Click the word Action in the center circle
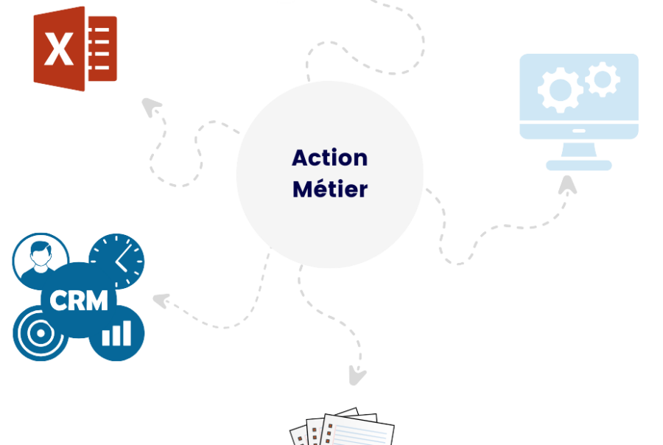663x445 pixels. pyautogui.click(x=329, y=158)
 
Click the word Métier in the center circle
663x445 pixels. pyautogui.click(x=329, y=189)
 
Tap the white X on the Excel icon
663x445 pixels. pyautogui.click(x=58, y=50)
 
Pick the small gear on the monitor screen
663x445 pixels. pyautogui.click(x=603, y=80)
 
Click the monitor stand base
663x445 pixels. pyautogui.click(x=578, y=165)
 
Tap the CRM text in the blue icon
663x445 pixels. pyautogui.click(x=79, y=300)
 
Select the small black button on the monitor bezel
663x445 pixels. pyautogui.click(x=578, y=131)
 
